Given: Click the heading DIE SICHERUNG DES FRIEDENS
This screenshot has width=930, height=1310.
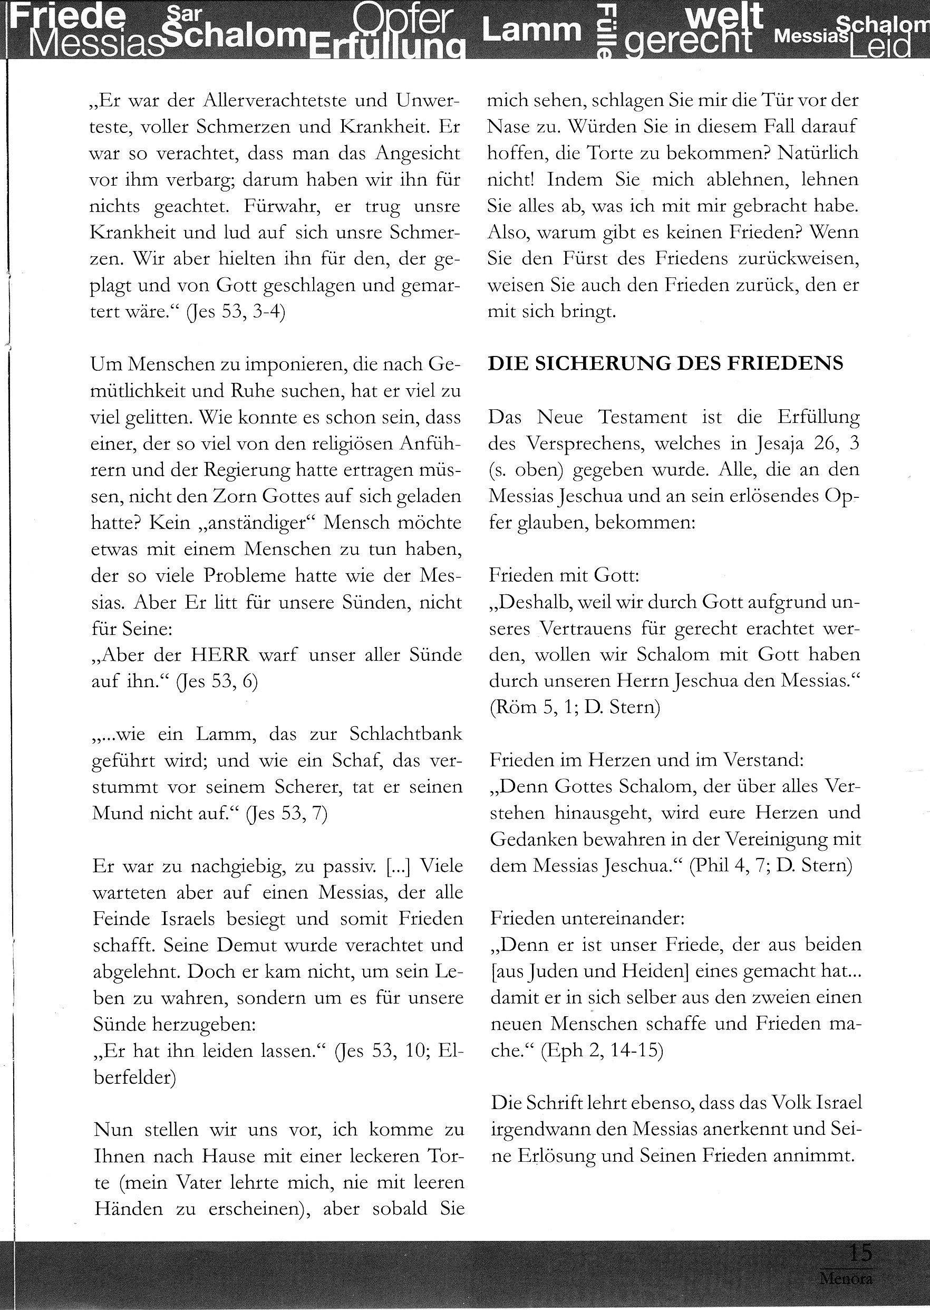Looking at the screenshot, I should point(665,364).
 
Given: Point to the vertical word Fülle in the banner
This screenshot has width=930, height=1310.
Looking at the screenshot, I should point(606,32).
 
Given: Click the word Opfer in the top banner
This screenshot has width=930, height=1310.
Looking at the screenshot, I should point(403,19).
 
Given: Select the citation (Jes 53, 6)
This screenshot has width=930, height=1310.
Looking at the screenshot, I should point(218,681).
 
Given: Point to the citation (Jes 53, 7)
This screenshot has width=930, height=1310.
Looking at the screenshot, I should point(286,813).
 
